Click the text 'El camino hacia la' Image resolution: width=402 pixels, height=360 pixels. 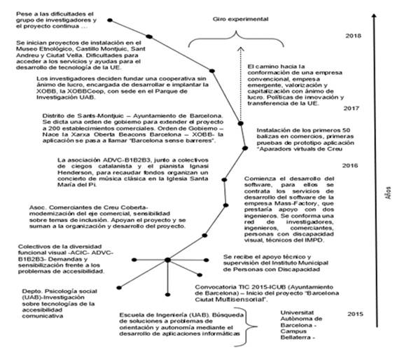277,67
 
